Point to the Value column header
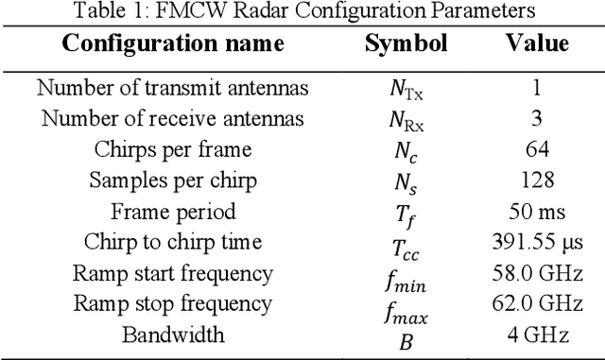pos(537,44)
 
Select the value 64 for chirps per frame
pos(536,150)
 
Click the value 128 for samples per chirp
pos(536,180)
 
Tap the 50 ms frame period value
pos(536,212)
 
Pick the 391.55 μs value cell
pos(536,243)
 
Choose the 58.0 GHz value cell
pos(536,274)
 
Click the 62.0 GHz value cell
pos(536,304)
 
